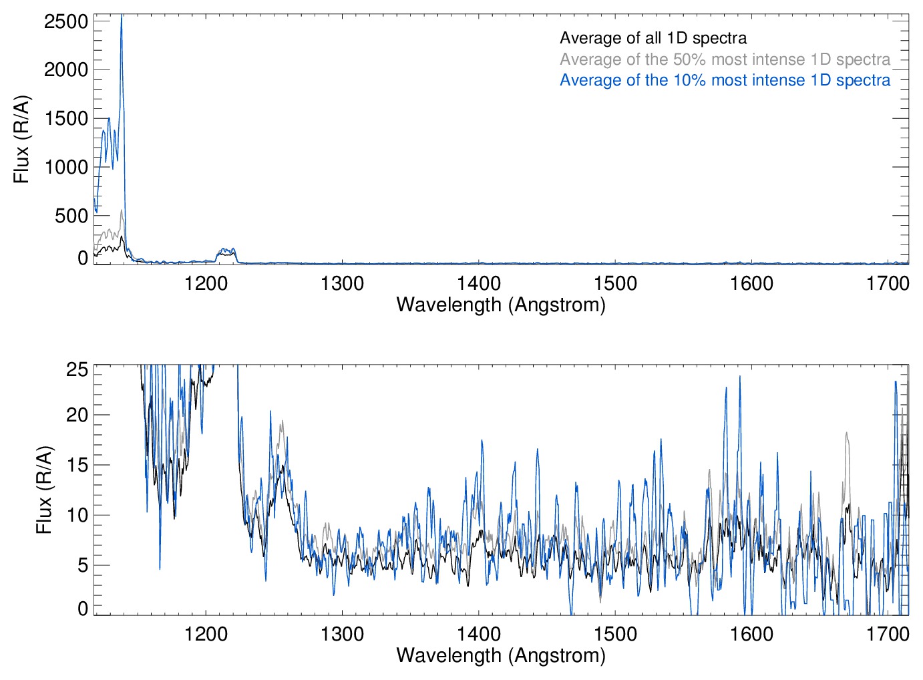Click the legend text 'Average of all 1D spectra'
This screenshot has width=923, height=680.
653,38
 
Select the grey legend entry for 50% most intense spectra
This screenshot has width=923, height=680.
725,59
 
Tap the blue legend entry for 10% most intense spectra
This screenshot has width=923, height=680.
725,80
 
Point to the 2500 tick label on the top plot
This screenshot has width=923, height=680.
66,21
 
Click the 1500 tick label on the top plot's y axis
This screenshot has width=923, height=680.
66,118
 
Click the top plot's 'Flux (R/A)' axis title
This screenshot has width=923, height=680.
21,139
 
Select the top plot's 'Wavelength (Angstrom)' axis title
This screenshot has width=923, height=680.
501,305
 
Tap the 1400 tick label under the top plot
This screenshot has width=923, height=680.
479,283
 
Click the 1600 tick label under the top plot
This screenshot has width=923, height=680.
751,283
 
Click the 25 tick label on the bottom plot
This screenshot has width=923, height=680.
77,369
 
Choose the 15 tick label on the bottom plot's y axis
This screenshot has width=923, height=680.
77,465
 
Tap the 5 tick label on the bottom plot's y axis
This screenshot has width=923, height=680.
83,565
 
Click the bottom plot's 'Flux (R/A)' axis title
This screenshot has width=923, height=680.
43,490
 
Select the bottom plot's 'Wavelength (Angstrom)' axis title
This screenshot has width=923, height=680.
501,655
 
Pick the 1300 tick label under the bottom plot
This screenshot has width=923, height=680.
343,633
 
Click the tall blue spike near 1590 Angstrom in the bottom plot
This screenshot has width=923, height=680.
739,378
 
